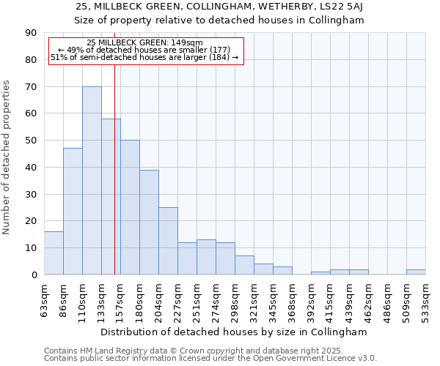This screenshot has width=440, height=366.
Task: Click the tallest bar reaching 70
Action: coord(92,180)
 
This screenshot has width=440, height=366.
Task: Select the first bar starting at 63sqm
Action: coord(54,253)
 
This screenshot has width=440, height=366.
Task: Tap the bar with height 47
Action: coord(73,211)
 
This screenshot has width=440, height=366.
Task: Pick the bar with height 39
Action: coord(149,222)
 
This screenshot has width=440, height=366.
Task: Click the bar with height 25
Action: coord(168,241)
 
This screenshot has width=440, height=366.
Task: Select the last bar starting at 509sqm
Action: coord(416,272)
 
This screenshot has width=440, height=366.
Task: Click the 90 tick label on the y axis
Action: coord(31,33)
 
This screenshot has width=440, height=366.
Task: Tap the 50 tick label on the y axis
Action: coord(31,141)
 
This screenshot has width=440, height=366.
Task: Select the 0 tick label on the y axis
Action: coord(34,274)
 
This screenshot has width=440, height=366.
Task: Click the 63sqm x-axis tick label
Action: coord(45,299)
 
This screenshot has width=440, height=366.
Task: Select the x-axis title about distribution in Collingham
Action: coord(233,332)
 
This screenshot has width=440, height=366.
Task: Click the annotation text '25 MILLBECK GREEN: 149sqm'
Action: coord(144,43)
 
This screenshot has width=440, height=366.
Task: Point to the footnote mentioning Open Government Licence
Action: coord(210,359)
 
